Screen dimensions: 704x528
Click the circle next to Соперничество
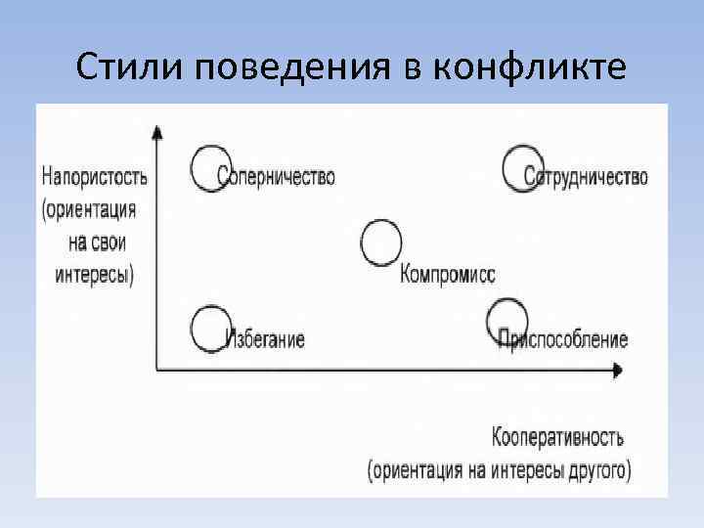[211, 169]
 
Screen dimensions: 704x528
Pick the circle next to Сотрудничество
[522, 169]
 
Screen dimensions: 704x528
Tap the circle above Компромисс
[381, 243]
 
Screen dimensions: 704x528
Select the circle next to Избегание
[210, 330]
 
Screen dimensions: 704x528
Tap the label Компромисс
[448, 276]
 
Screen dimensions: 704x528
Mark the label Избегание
[266, 340]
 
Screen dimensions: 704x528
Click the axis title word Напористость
[95, 177]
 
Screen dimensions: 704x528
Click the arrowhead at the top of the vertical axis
[156, 130]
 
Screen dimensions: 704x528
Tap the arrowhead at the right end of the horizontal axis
[617, 370]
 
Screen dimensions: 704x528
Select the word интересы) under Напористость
[94, 275]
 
